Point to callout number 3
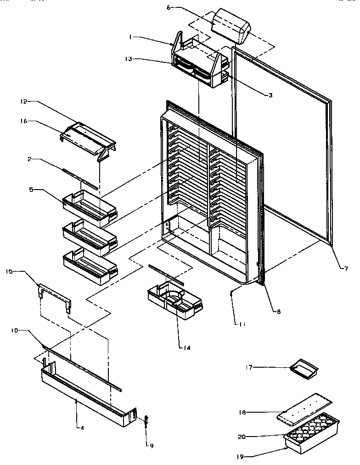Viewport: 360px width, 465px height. (x=270, y=95)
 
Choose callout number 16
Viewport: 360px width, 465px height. (x=24, y=121)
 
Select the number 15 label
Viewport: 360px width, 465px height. (x=9, y=272)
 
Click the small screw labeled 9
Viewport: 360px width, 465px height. (x=146, y=420)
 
